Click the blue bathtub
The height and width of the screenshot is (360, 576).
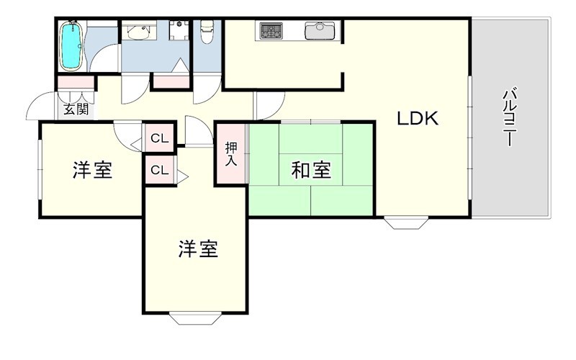[71, 46]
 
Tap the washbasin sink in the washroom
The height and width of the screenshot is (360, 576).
[140, 32]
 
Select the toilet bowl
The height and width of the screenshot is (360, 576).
[207, 31]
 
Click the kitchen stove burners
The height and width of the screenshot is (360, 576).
[272, 32]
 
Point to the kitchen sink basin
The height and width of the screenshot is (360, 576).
[319, 31]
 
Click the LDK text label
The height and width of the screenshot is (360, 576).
[418, 119]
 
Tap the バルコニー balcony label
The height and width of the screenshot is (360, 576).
[510, 117]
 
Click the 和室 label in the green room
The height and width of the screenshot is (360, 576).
[311, 171]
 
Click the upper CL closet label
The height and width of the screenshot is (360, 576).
[160, 138]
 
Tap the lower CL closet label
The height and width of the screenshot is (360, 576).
[160, 171]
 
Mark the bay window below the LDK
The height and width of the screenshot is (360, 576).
[408, 222]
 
